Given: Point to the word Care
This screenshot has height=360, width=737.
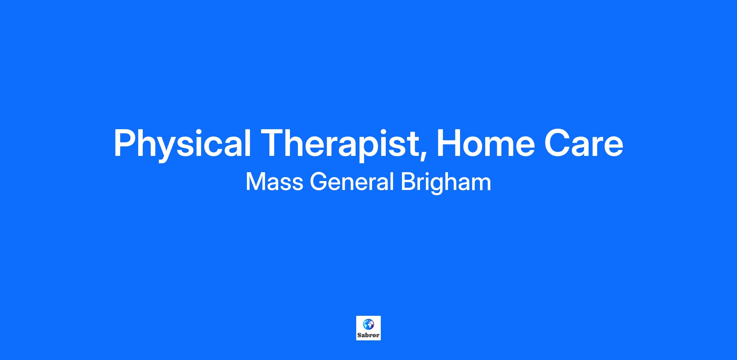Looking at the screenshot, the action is [x=584, y=143].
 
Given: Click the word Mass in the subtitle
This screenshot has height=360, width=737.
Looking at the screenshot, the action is [x=275, y=182].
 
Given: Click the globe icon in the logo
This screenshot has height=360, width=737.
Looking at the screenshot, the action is [x=368, y=324].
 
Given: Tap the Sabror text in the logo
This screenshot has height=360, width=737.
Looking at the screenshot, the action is [x=368, y=335].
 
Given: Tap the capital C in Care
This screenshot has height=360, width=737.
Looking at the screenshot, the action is [x=557, y=143].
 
